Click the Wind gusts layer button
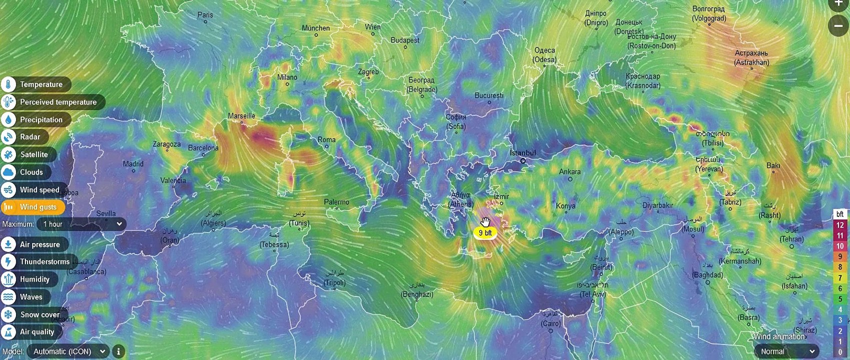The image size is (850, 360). pyautogui.click(x=33, y=207)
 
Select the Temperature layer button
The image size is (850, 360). pyautogui.click(x=36, y=84)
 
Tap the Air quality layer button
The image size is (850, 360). pyautogui.click(x=32, y=332)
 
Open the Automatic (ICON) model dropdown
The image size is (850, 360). pyautogui.click(x=68, y=351)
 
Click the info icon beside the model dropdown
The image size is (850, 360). pyautogui.click(x=119, y=351)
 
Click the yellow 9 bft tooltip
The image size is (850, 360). pyautogui.click(x=485, y=233)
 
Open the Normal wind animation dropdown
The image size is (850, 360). pyautogui.click(x=787, y=351)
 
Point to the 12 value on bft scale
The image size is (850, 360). pyautogui.click(x=840, y=225)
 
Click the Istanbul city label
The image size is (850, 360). pyautogui.click(x=522, y=153)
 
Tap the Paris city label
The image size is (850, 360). pyautogui.click(x=205, y=15)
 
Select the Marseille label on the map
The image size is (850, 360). pyautogui.click(x=242, y=116)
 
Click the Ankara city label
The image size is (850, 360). pyautogui.click(x=570, y=171)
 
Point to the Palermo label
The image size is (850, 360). pyautogui.click(x=337, y=202)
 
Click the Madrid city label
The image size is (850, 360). pyautogui.click(x=133, y=164)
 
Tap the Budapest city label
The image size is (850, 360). pyautogui.click(x=405, y=40)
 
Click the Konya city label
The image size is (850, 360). pyautogui.click(x=566, y=205)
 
